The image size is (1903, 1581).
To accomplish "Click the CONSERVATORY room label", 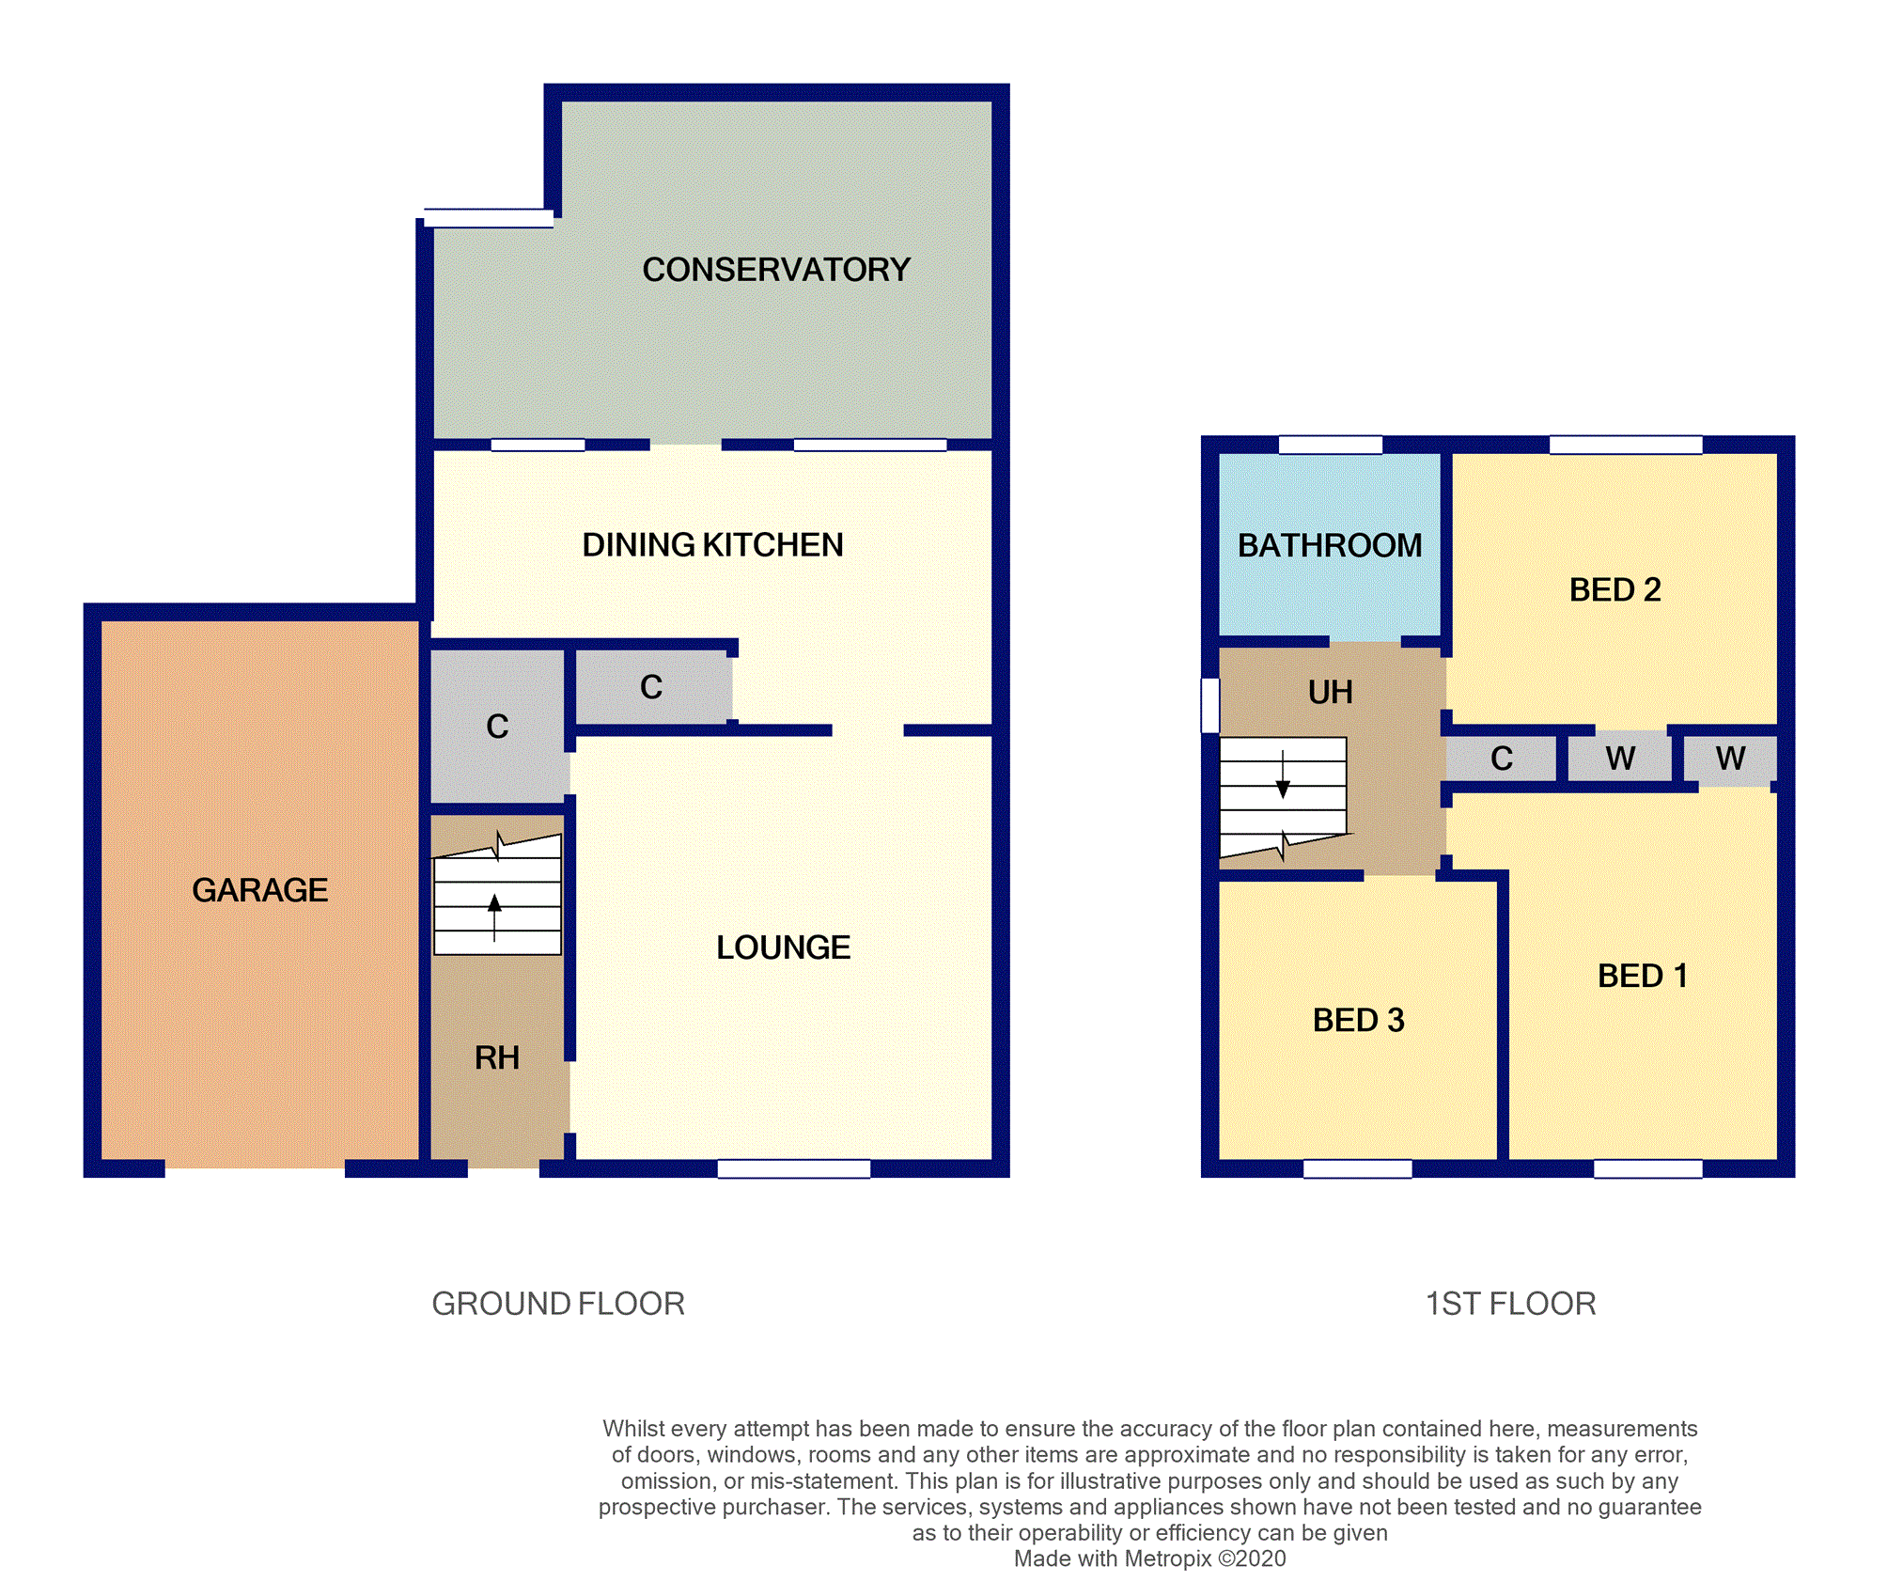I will click(775, 270).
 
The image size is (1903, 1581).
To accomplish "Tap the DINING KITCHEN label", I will click(712, 545).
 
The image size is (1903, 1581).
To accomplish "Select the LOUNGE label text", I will click(783, 947).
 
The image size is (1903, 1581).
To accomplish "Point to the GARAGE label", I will click(259, 890).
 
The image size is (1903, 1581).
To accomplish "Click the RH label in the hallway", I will click(496, 1058).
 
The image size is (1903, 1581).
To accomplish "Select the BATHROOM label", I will click(1329, 546).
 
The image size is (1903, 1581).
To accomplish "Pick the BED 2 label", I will click(1614, 590).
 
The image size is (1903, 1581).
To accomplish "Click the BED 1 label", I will click(1642, 977).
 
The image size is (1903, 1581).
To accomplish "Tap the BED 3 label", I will click(1358, 1021).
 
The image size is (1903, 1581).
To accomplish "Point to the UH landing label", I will click(1330, 693).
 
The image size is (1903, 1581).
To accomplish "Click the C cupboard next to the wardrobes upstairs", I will click(1501, 759).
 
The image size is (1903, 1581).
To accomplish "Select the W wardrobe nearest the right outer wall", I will click(1729, 759).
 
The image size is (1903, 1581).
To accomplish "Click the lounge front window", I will click(793, 1168).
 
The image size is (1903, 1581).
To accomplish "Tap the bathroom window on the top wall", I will click(1330, 445).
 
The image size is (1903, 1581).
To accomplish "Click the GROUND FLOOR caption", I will click(558, 1304).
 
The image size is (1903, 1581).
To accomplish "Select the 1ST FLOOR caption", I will click(1510, 1304).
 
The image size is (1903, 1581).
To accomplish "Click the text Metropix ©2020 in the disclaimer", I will click(1205, 1558).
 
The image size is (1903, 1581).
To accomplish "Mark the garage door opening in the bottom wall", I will click(255, 1168).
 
